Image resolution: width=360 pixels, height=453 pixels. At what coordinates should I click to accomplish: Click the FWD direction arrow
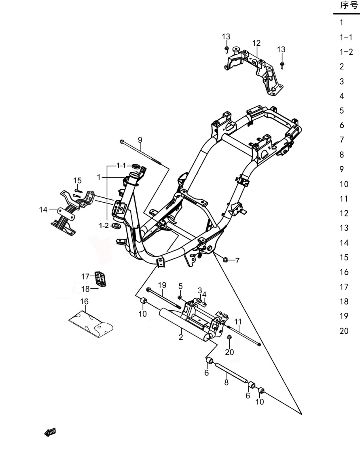50,432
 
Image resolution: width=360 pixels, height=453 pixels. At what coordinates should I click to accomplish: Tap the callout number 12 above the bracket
256,43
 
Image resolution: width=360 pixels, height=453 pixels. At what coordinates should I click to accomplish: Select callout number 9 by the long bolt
140,140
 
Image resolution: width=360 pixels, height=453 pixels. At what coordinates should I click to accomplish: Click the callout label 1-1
121,165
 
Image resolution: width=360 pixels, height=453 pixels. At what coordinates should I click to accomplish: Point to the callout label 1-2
104,226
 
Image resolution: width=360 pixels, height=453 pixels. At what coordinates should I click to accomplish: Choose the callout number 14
43,210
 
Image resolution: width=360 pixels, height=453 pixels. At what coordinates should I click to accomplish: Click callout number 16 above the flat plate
84,302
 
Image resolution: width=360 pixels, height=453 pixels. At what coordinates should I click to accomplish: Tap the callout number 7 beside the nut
237,260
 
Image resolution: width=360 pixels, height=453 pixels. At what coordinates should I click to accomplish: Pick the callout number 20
229,352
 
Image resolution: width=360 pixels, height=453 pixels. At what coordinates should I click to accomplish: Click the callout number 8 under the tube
227,383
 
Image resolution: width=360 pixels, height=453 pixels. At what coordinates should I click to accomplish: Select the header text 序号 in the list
349,5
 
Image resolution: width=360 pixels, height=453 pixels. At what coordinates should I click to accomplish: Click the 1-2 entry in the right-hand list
346,52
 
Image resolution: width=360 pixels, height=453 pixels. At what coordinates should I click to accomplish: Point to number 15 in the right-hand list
344,257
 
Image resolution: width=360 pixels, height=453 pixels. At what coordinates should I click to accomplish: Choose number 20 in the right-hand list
344,331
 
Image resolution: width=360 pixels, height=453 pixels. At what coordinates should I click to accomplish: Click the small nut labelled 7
226,260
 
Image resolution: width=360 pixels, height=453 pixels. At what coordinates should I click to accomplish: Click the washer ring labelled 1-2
116,226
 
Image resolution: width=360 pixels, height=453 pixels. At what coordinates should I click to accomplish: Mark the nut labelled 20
229,337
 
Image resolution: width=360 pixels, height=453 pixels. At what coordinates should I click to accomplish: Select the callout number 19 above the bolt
162,286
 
